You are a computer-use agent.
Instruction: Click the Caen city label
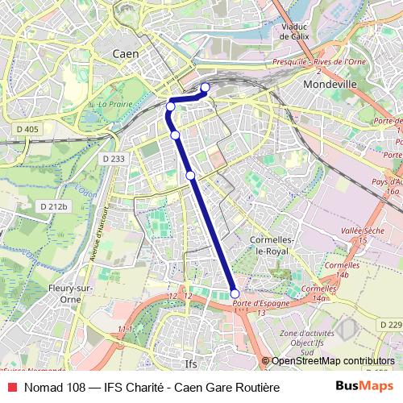[125, 53]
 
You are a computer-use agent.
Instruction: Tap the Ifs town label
[190, 362]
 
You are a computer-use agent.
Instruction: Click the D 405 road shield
[27, 129]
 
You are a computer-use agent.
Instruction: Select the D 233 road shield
[114, 160]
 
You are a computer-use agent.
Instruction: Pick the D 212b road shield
[55, 206]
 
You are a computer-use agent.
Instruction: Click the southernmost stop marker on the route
[235, 294]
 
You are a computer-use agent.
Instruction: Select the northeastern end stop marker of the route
[205, 87]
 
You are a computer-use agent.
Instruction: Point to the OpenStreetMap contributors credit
[333, 360]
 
